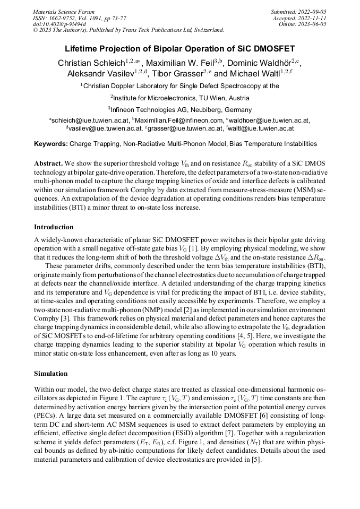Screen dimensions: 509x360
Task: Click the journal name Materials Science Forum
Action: pos(64,11)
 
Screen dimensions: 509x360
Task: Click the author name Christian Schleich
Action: pos(91,63)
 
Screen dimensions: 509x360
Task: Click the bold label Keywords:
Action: pos(51,144)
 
